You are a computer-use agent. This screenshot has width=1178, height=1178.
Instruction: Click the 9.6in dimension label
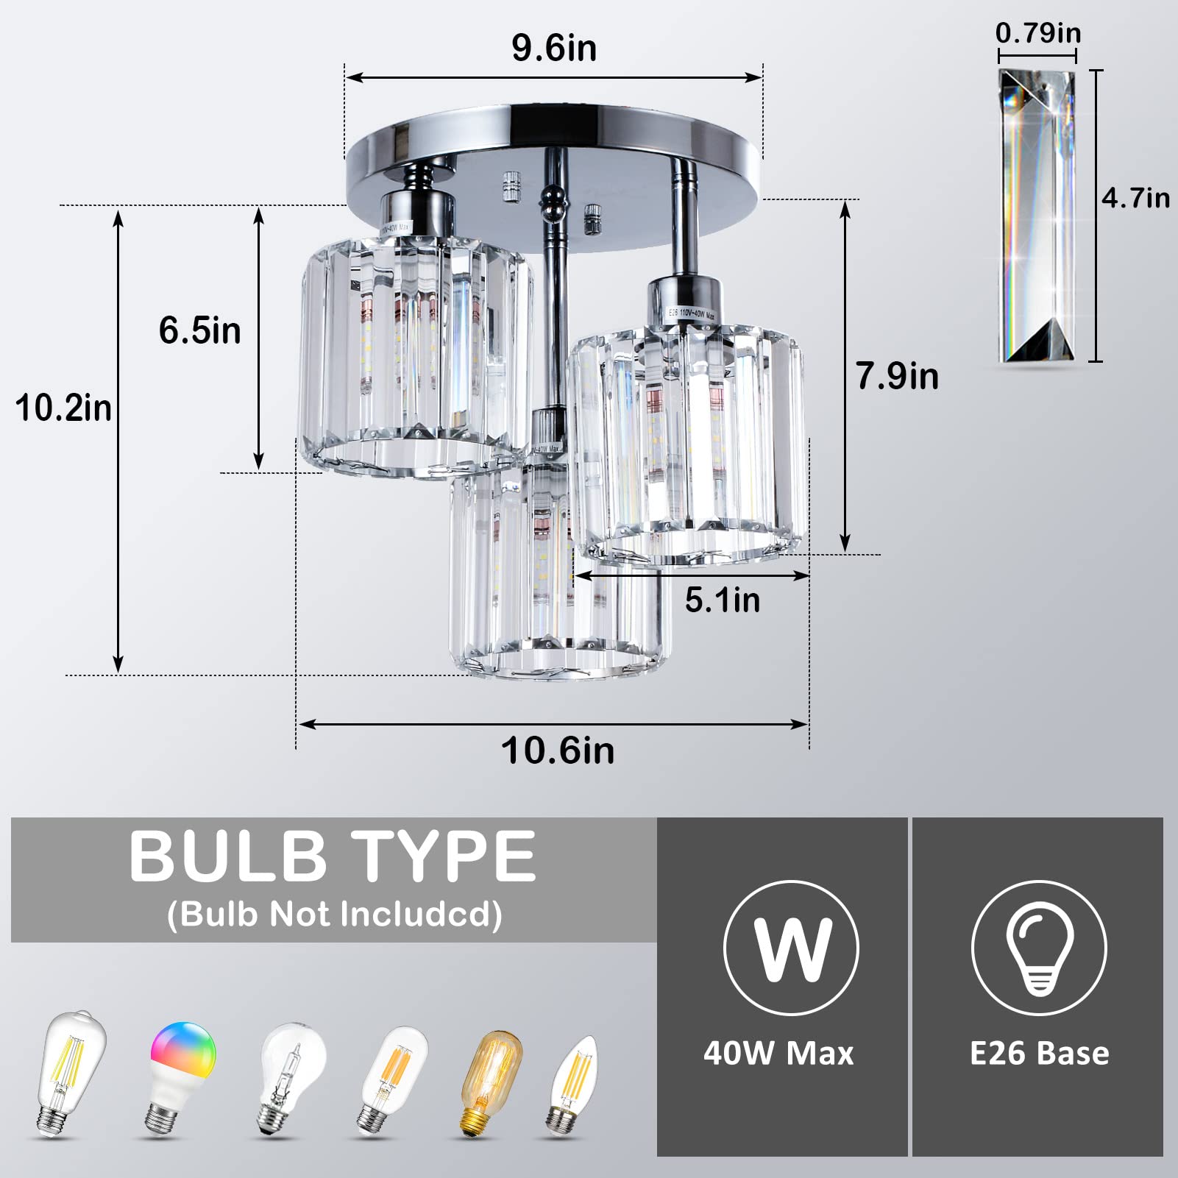pyautogui.click(x=553, y=49)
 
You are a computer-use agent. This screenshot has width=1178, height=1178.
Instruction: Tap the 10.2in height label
pyautogui.click(x=63, y=408)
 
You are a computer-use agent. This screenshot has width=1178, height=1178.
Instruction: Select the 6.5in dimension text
pyautogui.click(x=199, y=330)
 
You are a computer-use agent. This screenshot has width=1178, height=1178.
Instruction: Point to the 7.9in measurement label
pyautogui.click(x=897, y=376)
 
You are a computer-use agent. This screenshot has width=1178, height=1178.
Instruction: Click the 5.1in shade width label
pyautogui.click(x=722, y=600)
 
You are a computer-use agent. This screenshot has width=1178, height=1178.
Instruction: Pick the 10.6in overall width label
pyautogui.click(x=557, y=751)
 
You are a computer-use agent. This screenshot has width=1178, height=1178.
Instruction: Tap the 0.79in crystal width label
pyautogui.click(x=1037, y=33)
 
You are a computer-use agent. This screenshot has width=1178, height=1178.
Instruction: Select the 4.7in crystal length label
pyautogui.click(x=1135, y=198)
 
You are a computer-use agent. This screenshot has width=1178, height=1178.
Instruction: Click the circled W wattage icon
pyautogui.click(x=791, y=948)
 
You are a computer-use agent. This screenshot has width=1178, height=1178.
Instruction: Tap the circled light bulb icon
pyautogui.click(x=1038, y=948)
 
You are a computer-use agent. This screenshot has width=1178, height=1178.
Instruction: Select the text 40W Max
pyautogui.click(x=778, y=1054)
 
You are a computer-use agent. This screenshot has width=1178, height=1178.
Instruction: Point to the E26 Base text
pyautogui.click(x=1039, y=1054)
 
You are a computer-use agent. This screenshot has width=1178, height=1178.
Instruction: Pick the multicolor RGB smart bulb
pyautogui.click(x=182, y=1074)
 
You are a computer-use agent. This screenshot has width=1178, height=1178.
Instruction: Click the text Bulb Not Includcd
pyautogui.click(x=335, y=915)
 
